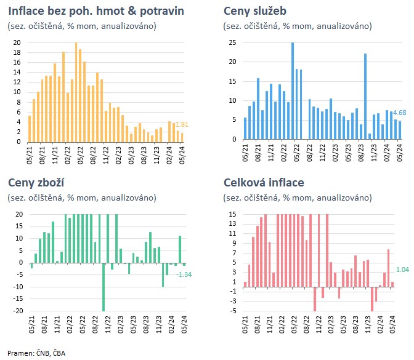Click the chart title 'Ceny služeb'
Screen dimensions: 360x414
(x=255, y=12)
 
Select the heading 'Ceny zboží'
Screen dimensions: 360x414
(x=36, y=183)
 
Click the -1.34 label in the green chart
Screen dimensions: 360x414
(x=185, y=274)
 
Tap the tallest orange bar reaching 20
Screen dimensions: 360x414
(x=76, y=92)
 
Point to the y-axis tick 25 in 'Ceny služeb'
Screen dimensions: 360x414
(x=232, y=42)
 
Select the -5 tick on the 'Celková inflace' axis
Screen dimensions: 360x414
(x=232, y=311)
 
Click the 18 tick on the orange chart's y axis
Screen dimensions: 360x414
(x=17, y=52)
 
